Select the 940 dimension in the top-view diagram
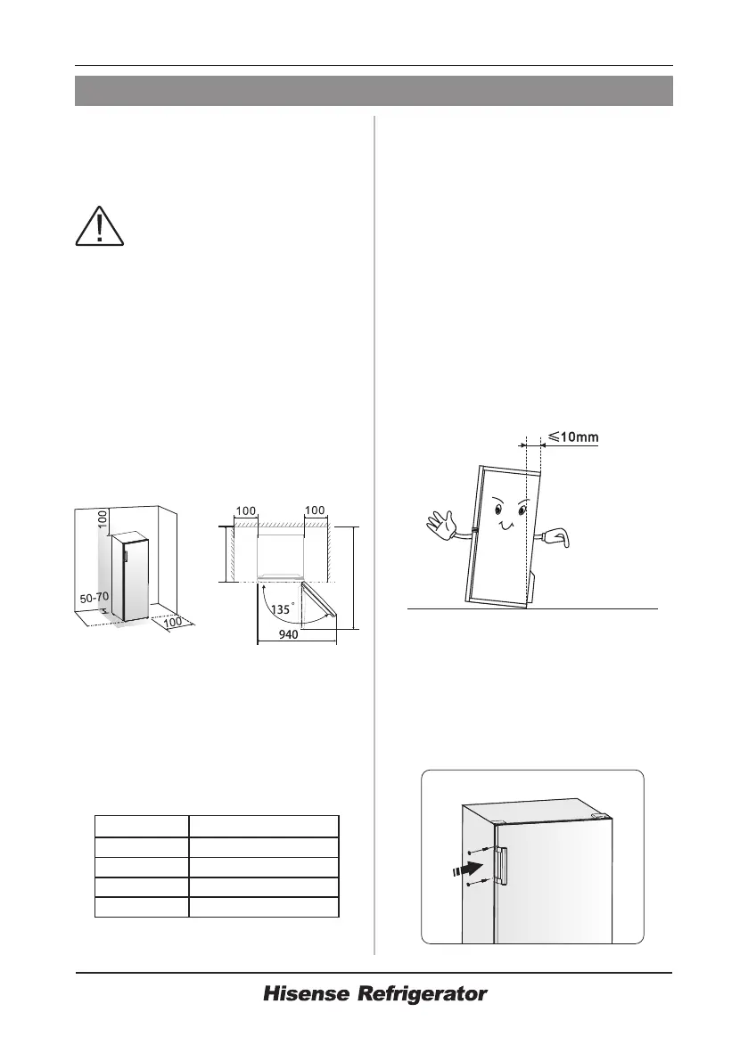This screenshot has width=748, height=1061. pyautogui.click(x=287, y=635)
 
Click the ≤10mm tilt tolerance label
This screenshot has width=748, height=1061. pyautogui.click(x=572, y=437)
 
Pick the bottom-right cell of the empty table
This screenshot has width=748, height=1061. pyautogui.click(x=264, y=907)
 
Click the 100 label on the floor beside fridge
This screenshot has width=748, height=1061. pyautogui.click(x=178, y=622)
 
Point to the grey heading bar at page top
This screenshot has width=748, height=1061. pyautogui.click(x=374, y=91)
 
